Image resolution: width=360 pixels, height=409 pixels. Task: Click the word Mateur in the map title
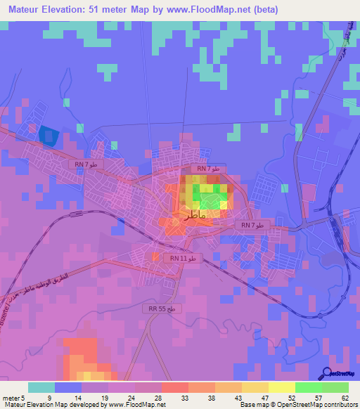tap(22, 10)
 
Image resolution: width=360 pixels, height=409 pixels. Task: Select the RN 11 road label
tap(184, 259)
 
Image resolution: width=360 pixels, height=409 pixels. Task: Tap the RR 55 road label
tap(165, 309)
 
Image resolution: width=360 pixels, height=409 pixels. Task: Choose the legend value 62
tap(345, 397)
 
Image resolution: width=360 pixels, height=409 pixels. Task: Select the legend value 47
tap(265, 397)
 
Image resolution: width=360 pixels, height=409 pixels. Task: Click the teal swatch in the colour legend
tap(41, 387)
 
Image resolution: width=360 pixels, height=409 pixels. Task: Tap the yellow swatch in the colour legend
tap(282, 387)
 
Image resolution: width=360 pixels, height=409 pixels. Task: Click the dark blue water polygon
tap(47, 136)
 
